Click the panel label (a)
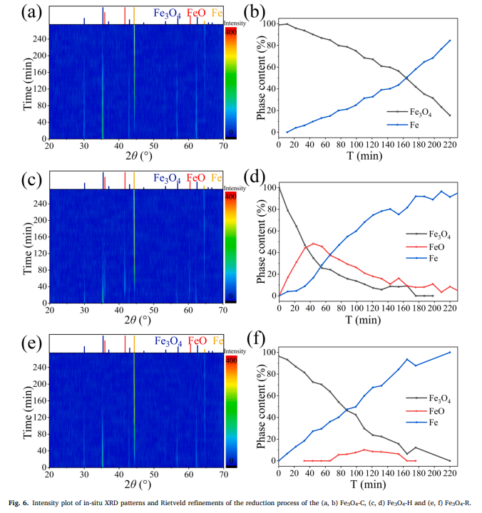(15, 11)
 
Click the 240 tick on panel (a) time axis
(37, 39)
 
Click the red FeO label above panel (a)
(197, 13)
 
